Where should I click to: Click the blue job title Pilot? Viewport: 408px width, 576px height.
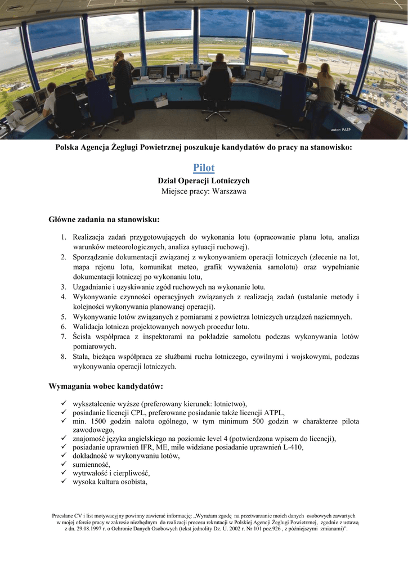[x=204, y=168]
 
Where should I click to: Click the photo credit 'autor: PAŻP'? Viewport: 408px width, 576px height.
[x=341, y=130]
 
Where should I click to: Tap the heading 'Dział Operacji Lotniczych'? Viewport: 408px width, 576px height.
[x=204, y=181]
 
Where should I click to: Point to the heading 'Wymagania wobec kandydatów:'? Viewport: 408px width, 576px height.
[x=106, y=386]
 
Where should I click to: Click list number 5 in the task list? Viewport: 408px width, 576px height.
[x=64, y=317]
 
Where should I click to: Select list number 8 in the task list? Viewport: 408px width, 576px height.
[x=64, y=357]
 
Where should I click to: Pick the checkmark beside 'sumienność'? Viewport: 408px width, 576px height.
[x=64, y=465]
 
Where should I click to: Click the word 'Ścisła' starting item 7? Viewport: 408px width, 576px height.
[x=84, y=337]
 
